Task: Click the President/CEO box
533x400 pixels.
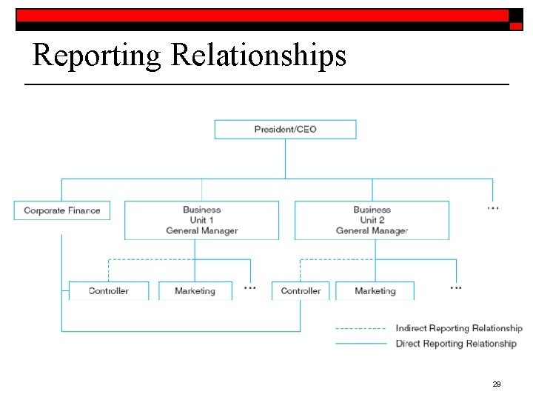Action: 285,130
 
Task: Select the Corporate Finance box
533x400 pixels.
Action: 61,210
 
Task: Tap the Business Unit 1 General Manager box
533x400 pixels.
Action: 201,220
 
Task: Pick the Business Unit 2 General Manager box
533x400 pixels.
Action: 372,220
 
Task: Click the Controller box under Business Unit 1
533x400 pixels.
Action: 109,291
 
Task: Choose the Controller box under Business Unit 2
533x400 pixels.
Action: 301,291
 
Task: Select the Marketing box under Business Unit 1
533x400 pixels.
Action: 195,291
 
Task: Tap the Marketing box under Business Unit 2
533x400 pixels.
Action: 375,291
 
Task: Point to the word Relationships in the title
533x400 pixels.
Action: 258,56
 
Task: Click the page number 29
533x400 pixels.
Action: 497,384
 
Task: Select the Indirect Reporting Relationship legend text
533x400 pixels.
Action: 458,328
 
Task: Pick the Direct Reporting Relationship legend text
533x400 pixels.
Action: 455,344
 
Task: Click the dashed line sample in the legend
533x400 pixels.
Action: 361,328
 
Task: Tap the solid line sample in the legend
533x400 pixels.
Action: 361,344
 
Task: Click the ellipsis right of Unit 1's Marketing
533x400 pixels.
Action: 250,287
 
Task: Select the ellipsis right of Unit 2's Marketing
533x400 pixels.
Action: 456,287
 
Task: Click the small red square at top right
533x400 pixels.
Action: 516,26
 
